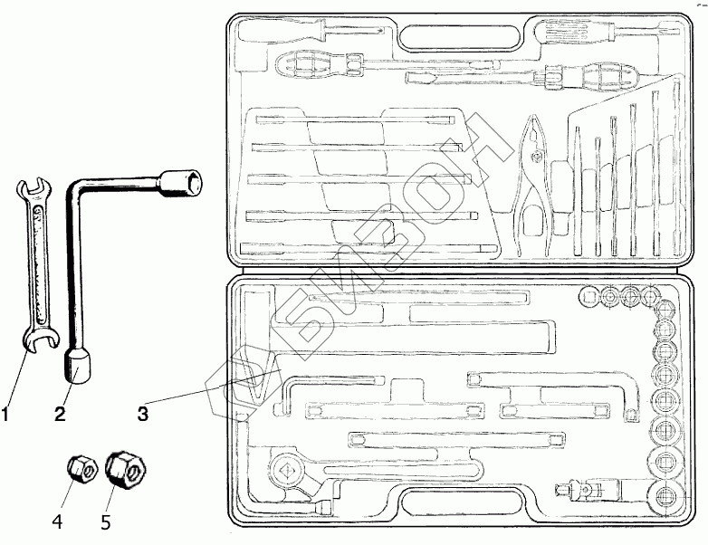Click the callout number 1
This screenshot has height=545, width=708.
pyautogui.click(x=7, y=416)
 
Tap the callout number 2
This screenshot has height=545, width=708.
pyautogui.click(x=59, y=416)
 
